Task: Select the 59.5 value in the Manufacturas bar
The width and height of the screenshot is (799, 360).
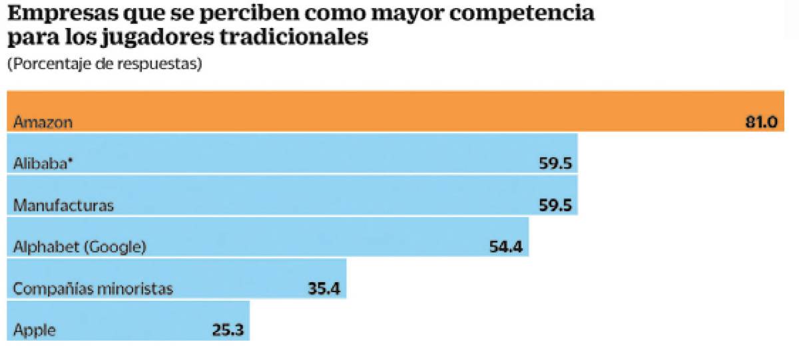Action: [x=556, y=206]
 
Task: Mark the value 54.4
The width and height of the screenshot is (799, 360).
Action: [x=505, y=248]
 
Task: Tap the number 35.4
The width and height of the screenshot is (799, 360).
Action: [x=324, y=289]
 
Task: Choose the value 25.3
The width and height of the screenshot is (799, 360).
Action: [x=228, y=331]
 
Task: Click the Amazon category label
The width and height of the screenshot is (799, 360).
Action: [x=43, y=123]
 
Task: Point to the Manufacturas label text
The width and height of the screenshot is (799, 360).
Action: [x=63, y=206]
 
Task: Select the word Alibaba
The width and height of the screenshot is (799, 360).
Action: [x=37, y=164]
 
